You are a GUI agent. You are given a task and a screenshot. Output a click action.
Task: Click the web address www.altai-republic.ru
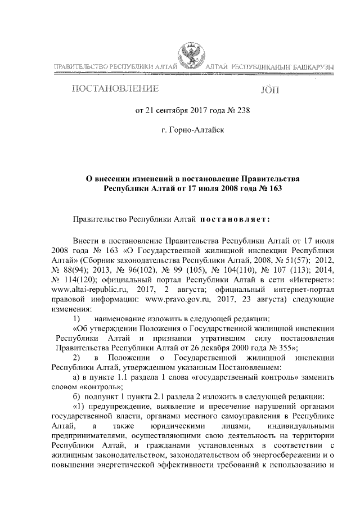click(x=83, y=289)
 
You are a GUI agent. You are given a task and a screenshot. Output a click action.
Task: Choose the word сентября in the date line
click(x=175, y=110)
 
